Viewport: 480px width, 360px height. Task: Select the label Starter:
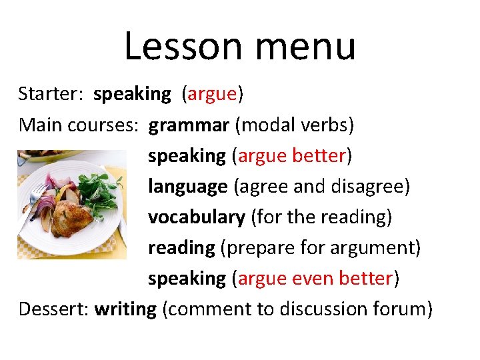50,94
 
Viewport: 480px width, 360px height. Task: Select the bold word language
187,187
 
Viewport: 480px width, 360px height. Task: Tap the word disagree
370,187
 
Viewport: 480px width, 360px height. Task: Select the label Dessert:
54,309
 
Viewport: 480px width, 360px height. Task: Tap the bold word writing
125,310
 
